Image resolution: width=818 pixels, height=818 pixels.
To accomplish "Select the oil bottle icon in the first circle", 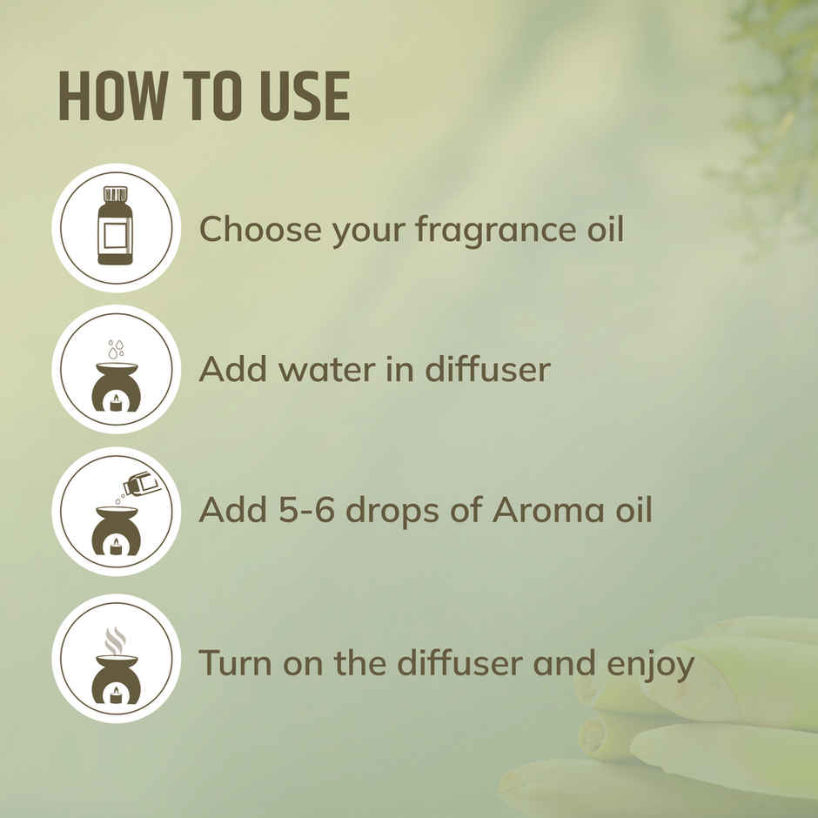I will point(115,227).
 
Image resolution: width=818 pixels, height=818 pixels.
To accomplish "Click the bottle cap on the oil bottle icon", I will point(115,194).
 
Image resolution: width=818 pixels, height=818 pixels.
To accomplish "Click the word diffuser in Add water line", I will point(487,369).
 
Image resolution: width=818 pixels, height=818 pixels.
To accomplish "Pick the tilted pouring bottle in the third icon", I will point(142,483).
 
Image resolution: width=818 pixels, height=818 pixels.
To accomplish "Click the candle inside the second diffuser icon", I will point(115,402).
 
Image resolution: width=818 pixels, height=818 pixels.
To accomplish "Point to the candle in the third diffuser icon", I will point(115,546).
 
